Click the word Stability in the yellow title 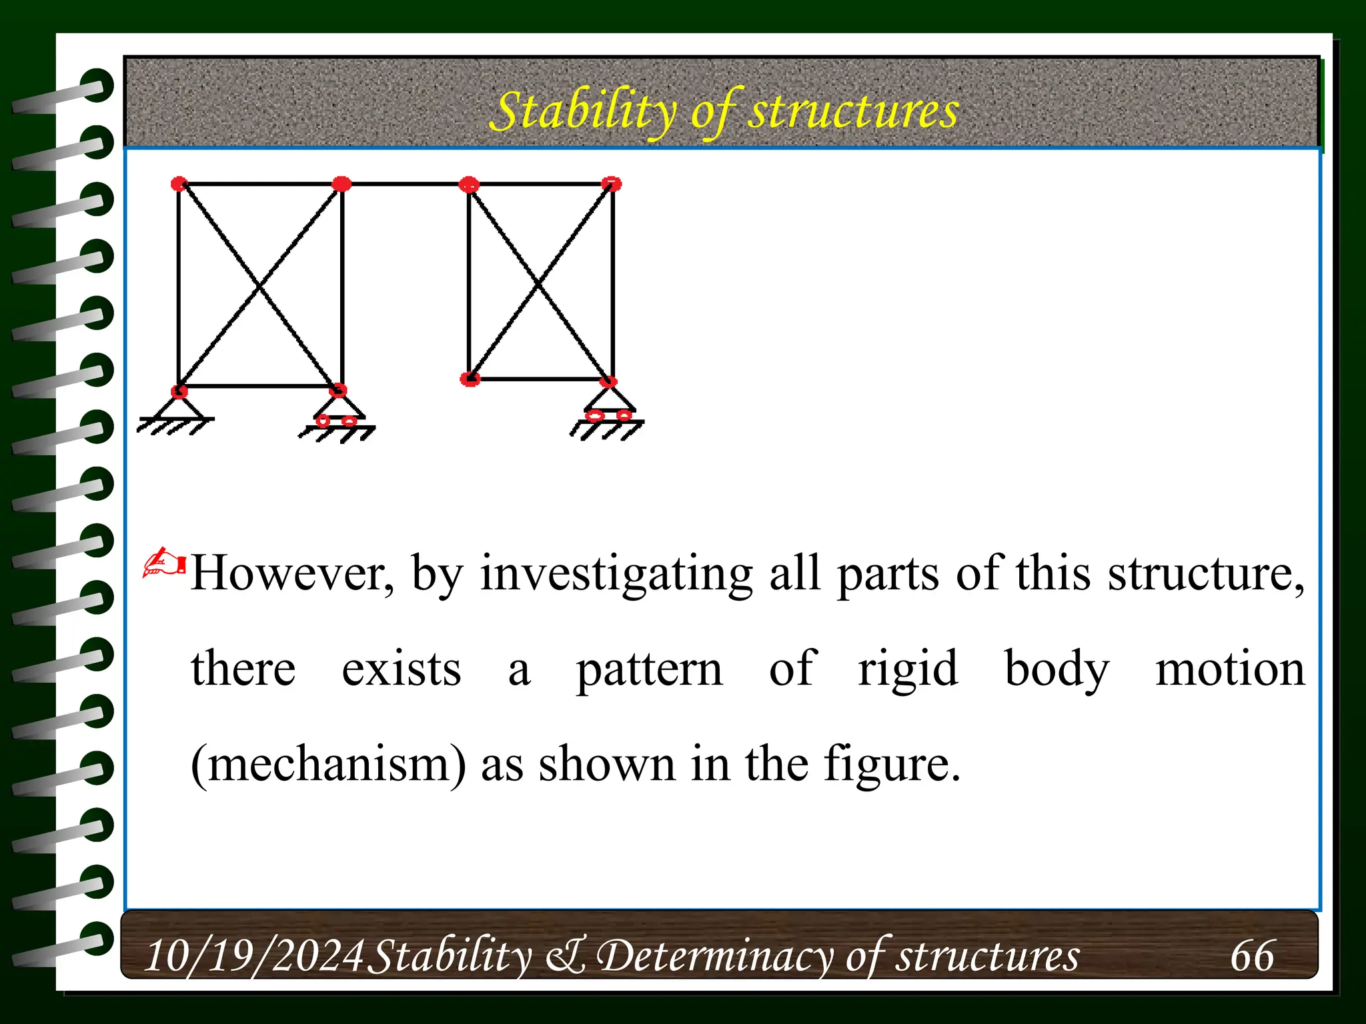pyautogui.click(x=582, y=112)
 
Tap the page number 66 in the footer pyautogui.click(x=1252, y=956)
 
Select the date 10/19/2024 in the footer pyautogui.click(x=254, y=956)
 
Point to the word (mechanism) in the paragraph pyautogui.click(x=328, y=764)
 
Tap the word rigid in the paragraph pyautogui.click(x=908, y=669)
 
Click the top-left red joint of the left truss pyautogui.click(x=179, y=183)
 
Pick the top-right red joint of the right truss pyautogui.click(x=612, y=183)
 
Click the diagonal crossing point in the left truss pyautogui.click(x=259, y=287)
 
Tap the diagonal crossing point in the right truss pyautogui.click(x=539, y=285)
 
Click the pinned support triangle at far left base pyautogui.click(x=178, y=407)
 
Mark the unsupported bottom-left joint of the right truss pyautogui.click(x=470, y=379)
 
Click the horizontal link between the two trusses pyautogui.click(x=406, y=183)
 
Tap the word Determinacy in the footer pyautogui.click(x=714, y=956)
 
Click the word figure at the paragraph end pyautogui.click(x=892, y=764)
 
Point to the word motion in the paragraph pyautogui.click(x=1230, y=669)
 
